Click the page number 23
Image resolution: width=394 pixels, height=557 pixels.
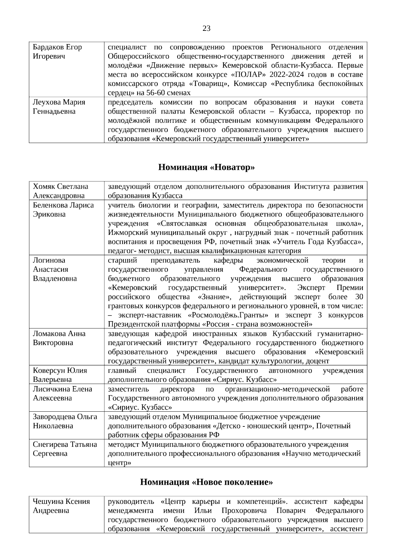click(x=207, y=29)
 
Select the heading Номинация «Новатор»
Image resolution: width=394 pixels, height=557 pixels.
click(x=207, y=168)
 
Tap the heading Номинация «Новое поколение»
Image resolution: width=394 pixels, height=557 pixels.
click(x=207, y=482)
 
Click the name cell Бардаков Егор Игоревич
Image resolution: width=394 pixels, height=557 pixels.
click(x=57, y=52)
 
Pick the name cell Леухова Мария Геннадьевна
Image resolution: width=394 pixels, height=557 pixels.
click(x=59, y=107)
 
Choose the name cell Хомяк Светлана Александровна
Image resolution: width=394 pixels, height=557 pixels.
click(x=60, y=191)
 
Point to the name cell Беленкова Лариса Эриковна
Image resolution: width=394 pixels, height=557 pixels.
click(x=63, y=210)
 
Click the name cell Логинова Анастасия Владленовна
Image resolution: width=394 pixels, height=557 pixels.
click(x=55, y=269)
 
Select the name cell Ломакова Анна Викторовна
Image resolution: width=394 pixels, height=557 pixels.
click(x=59, y=338)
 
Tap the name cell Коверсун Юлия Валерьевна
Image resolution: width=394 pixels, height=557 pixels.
click(x=60, y=375)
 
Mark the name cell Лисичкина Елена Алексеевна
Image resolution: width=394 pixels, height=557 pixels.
click(x=62, y=393)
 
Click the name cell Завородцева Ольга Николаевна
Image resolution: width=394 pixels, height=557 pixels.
click(x=65, y=421)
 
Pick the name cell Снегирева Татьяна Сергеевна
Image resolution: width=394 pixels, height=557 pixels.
click(x=65, y=449)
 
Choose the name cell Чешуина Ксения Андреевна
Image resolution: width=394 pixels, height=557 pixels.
click(x=61, y=506)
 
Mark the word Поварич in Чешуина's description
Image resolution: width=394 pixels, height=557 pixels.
click(x=292, y=511)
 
